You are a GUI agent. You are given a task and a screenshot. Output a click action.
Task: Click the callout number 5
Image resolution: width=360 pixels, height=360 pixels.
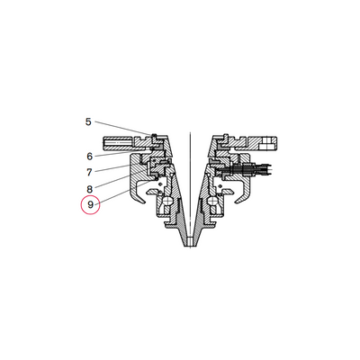(x=88, y=122)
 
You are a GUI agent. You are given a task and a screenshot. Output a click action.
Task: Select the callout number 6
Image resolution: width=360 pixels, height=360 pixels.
(x=90, y=157)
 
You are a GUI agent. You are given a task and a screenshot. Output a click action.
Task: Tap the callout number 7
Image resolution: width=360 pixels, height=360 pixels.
(x=89, y=173)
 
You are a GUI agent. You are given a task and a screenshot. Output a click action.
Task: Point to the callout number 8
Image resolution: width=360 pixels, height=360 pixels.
(x=90, y=189)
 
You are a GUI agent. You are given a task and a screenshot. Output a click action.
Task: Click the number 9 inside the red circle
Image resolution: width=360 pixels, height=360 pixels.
(x=90, y=205)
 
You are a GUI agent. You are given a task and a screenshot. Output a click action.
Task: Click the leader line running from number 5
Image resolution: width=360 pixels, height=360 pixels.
(x=124, y=129)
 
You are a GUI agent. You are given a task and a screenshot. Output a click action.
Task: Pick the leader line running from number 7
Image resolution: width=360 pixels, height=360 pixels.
(x=112, y=168)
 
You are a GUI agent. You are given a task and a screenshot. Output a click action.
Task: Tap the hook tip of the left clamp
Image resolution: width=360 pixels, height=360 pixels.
(x=145, y=202)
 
